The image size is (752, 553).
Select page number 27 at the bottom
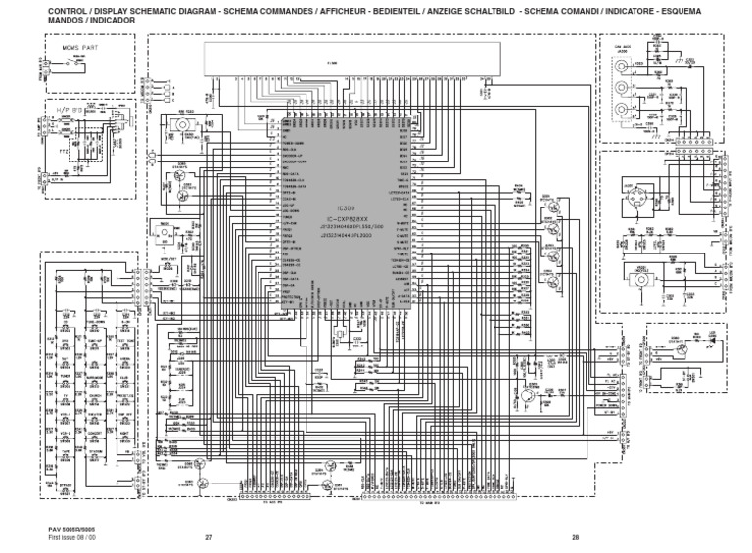[208, 537]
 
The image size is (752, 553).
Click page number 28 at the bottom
[575, 537]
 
